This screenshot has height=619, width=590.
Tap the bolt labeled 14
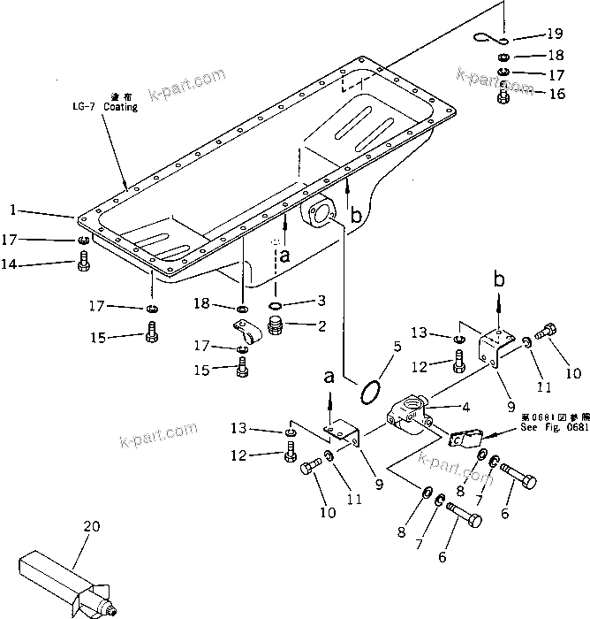click(82, 262)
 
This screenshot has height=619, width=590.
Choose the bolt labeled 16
click(504, 94)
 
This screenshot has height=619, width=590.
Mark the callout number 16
click(556, 93)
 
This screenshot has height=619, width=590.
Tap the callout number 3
click(321, 302)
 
